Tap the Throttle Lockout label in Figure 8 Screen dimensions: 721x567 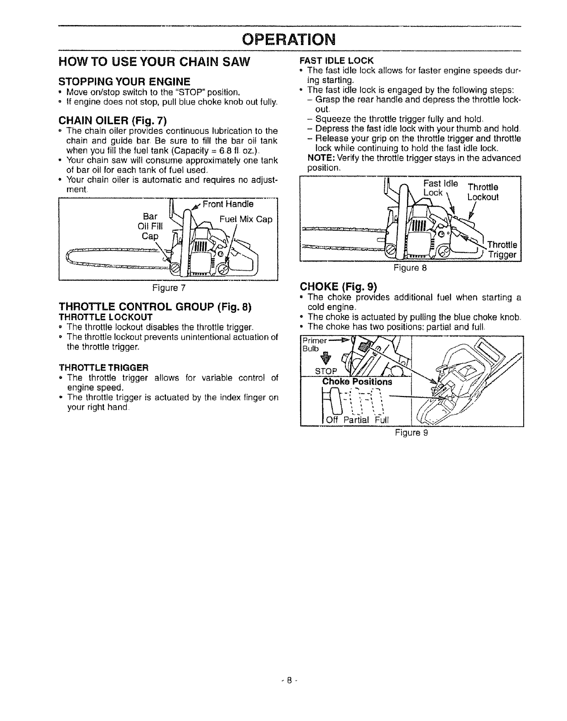coord(483,192)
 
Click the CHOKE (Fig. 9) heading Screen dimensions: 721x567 coord(338,287)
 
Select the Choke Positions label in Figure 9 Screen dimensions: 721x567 coord(357,381)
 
